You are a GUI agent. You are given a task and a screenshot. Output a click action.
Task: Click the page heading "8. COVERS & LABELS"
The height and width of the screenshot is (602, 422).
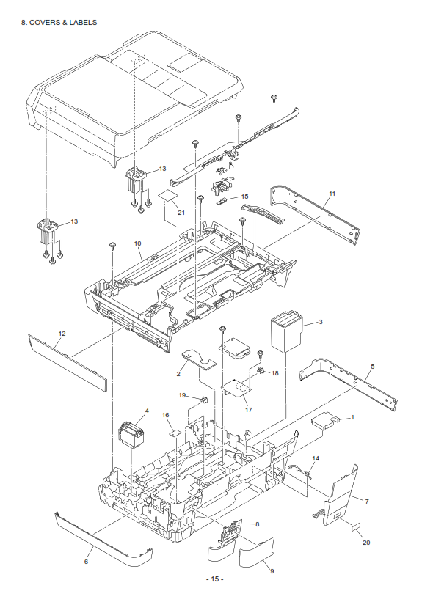(x=59, y=23)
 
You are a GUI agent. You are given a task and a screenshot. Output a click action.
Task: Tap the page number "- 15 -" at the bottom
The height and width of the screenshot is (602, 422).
(x=214, y=579)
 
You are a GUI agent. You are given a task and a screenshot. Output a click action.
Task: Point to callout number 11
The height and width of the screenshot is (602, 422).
(x=332, y=193)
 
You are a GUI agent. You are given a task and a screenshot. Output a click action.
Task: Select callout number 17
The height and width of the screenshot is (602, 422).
(x=248, y=409)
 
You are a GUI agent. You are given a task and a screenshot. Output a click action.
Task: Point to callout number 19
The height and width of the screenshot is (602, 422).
(x=183, y=395)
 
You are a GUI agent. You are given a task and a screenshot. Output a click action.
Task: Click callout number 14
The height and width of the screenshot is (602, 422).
(x=316, y=458)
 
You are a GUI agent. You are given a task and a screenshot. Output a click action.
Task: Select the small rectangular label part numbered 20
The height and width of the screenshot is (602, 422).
(x=355, y=526)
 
